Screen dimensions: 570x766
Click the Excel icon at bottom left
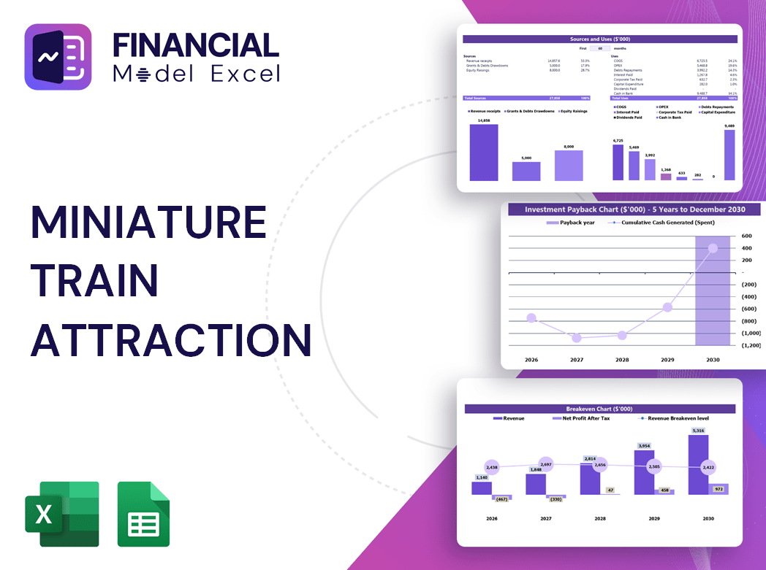[61, 514]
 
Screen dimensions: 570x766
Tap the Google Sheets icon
[143, 514]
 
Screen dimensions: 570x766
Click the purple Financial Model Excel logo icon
[58, 57]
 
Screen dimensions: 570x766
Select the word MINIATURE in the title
[148, 222]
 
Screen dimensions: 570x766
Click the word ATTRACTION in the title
[171, 339]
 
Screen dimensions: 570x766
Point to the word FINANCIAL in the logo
[195, 45]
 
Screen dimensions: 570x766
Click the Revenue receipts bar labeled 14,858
[484, 152]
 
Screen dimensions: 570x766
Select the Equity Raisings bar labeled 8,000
[569, 165]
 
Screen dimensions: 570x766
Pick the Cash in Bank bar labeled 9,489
[729, 155]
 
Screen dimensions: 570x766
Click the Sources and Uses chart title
[600, 39]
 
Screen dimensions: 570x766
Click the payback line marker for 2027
[577, 338]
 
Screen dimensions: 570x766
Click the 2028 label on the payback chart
[622, 360]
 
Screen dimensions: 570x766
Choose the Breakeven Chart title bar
[599, 409]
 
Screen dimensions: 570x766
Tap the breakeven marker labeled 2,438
[491, 467]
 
